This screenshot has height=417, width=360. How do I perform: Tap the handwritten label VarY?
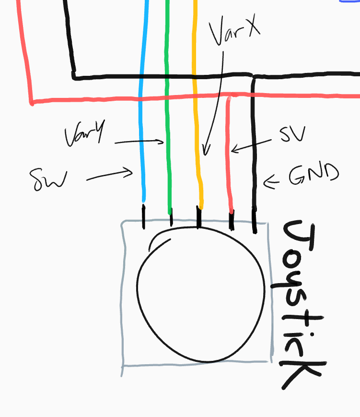tap(85, 133)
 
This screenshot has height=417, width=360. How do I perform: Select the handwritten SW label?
tap(48, 179)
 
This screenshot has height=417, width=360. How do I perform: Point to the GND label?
tap(314, 174)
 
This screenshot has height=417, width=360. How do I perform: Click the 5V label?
tap(292, 134)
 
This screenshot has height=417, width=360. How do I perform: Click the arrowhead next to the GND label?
tap(271, 182)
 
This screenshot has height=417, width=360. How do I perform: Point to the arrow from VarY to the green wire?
tap(139, 142)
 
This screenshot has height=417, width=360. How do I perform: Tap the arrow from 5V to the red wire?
tap(251, 146)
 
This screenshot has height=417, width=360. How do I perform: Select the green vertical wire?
tap(168, 107)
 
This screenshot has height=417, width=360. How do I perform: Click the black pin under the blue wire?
tap(144, 217)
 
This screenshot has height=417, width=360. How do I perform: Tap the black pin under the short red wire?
tap(232, 220)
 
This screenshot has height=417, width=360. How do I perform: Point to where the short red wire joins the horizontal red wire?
tap(230, 96)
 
